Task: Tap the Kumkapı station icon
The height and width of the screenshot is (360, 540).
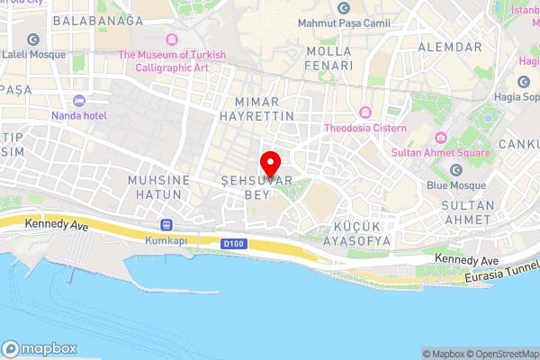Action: tap(166, 225)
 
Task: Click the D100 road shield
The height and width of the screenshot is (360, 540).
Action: tap(231, 243)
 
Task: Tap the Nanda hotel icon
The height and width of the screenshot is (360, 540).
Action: tap(78, 99)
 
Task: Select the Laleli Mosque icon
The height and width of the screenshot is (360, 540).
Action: tap(33, 40)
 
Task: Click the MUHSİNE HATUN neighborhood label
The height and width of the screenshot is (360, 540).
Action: tap(159, 187)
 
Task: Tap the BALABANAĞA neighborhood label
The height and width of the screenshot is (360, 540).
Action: tap(98, 20)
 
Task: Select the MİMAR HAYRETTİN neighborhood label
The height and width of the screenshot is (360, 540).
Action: tap(264, 109)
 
